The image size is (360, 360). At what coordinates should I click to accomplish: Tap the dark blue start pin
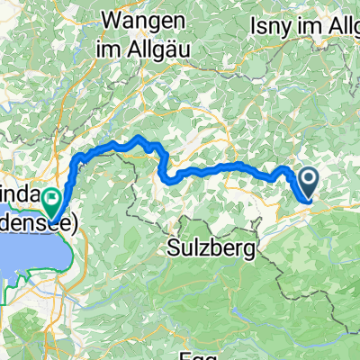point(308,183)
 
